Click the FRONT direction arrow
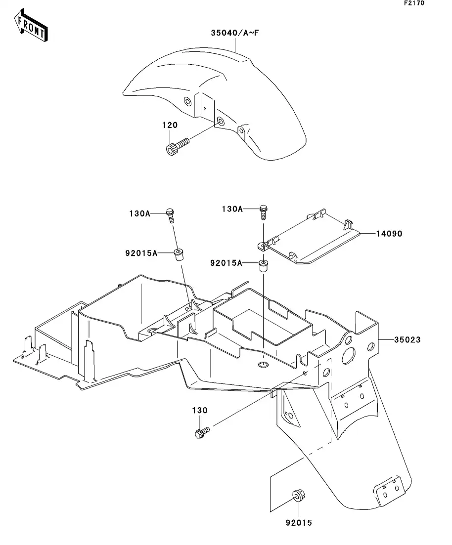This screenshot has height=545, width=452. coord(31,26)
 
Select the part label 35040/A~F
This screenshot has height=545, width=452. coord(235,33)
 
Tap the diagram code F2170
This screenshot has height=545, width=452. coord(414,3)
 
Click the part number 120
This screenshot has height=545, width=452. coord(170,125)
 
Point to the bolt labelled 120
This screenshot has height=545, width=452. coord(177,146)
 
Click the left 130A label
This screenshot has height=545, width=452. coord(140,213)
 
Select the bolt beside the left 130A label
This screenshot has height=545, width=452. coord(170,215)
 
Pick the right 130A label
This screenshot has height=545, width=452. coord(232,209)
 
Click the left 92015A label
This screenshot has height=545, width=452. coord(141,253)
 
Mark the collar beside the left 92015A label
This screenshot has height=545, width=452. coord(179,254)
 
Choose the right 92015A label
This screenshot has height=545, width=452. coord(226,263)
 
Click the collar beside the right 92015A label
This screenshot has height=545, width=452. coord(263,265)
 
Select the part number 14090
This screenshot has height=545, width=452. coord(389,234)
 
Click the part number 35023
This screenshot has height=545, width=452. coord(407,339)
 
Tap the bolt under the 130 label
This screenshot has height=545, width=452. coord(202,433)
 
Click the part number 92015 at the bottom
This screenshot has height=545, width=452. coord(299,522)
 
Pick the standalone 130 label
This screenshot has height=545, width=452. coord(200,411)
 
